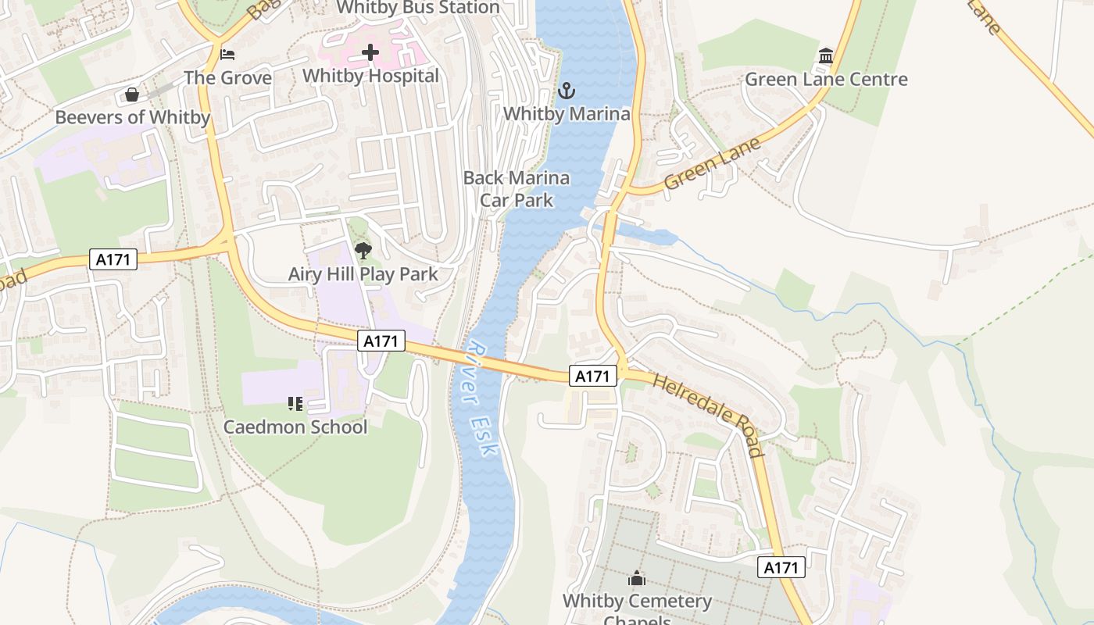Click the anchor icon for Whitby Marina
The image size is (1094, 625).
coord(566,91)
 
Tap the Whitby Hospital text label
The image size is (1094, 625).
coord(370,76)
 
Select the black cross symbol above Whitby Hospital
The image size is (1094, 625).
coord(370,53)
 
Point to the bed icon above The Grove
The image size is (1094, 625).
coord(227,55)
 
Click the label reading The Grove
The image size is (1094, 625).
coord(227,78)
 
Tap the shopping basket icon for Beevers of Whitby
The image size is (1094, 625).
coord(132,95)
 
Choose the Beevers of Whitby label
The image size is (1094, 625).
coord(132,118)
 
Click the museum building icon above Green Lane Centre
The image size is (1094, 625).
coord(826,56)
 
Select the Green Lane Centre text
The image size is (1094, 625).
coord(826,79)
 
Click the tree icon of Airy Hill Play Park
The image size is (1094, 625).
coord(363,251)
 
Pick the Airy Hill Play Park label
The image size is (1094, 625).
coord(363,274)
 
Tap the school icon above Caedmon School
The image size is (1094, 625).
coord(295,404)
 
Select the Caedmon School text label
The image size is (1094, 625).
coord(295,427)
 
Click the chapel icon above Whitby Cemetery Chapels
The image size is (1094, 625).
coord(637,579)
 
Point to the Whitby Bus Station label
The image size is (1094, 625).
coord(417,8)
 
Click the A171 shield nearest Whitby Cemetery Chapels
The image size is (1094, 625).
coord(781,568)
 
